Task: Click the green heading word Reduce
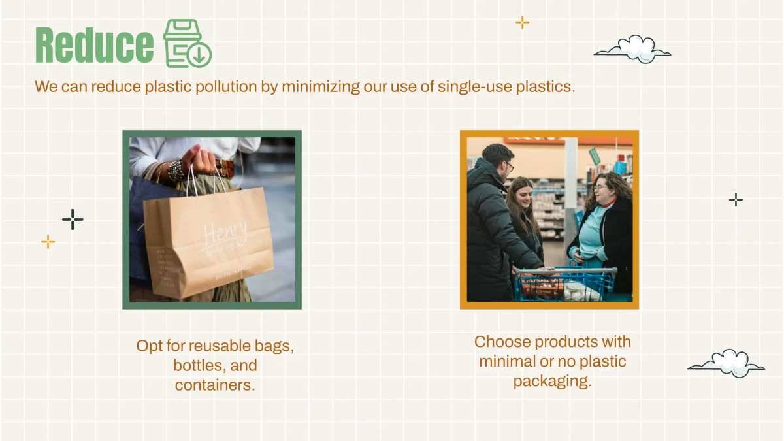pyautogui.click(x=94, y=45)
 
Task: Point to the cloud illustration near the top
pyautogui.click(x=633, y=50)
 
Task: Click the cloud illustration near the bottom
pyautogui.click(x=727, y=364)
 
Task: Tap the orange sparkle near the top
pyautogui.click(x=522, y=23)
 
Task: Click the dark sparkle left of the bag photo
pyautogui.click(x=73, y=220)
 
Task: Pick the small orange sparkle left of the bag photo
pyautogui.click(x=48, y=242)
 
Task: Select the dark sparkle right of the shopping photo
pyautogui.click(x=736, y=200)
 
